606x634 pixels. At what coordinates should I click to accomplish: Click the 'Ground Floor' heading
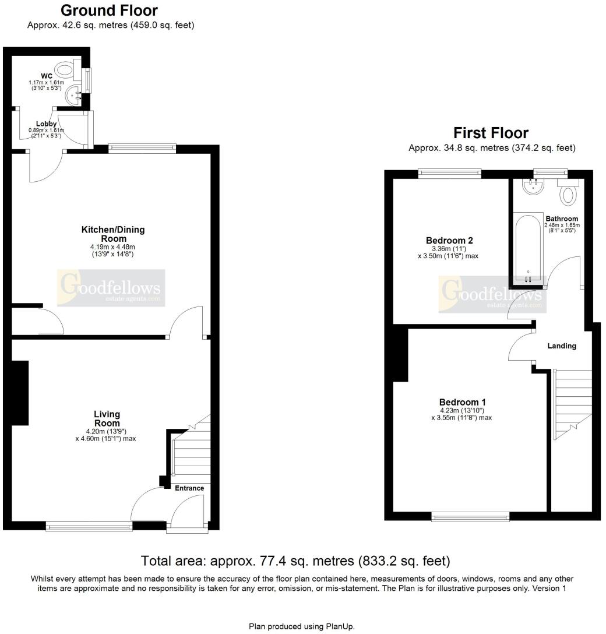coord(109,10)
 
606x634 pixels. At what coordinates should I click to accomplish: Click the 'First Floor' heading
coord(491,133)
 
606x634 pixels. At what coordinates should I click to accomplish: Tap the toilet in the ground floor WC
coord(69,71)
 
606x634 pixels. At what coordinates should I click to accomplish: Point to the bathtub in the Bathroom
coord(528,248)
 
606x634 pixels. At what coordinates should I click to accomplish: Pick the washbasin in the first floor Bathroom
coord(533,186)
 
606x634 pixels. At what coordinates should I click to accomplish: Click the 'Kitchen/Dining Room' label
coord(112,234)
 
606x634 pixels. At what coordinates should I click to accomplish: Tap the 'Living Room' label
coord(107,418)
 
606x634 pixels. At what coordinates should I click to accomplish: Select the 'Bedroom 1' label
coord(462,402)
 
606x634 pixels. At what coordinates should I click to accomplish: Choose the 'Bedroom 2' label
coord(449,240)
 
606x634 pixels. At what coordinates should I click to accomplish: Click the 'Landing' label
coord(562,346)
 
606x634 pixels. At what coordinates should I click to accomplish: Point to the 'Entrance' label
coord(189,488)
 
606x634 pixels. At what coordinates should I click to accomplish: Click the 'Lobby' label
coord(46,124)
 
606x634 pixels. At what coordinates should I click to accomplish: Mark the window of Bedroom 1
coord(470,516)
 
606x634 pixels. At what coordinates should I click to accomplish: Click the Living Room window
coord(89,527)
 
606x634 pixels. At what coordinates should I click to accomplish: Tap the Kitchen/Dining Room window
coord(142,149)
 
